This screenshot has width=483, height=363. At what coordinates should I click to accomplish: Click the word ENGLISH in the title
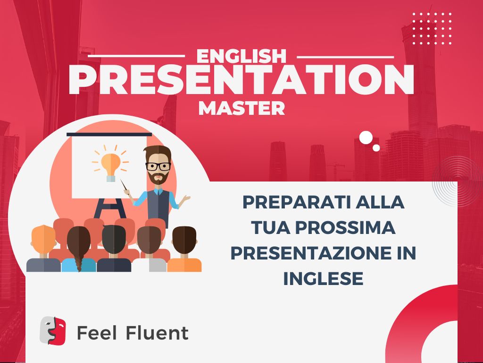tap(241, 56)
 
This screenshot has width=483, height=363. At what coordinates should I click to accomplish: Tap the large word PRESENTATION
tap(241, 80)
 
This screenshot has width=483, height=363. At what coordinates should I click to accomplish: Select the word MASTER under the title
tap(241, 108)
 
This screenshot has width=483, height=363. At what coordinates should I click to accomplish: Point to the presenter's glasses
tap(158, 166)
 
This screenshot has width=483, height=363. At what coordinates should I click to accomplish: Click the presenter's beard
tap(158, 178)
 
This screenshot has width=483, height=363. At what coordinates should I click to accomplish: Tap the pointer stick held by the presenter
tap(124, 185)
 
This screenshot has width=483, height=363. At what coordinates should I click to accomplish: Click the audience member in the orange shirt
tap(184, 250)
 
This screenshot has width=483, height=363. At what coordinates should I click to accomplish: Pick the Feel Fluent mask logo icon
tap(53, 330)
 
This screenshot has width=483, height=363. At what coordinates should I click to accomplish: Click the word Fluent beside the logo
tap(157, 333)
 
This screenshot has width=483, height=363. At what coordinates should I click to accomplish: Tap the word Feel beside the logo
tap(97, 333)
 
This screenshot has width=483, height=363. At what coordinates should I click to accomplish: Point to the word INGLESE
tap(323, 278)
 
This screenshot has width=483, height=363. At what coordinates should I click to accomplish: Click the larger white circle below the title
tap(366, 138)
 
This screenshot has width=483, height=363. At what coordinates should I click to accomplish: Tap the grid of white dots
tap(432, 28)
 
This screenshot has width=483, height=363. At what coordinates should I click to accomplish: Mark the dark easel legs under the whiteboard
tap(110, 208)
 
